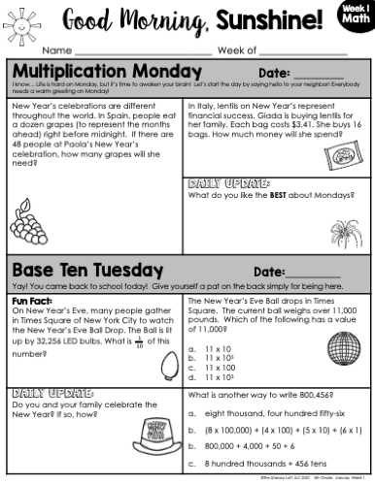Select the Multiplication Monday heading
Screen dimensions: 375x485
click(x=95, y=73)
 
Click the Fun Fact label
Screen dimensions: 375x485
click(x=32, y=301)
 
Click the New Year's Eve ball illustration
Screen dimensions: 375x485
click(x=346, y=346)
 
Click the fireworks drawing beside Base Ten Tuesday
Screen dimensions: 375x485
click(x=350, y=269)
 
